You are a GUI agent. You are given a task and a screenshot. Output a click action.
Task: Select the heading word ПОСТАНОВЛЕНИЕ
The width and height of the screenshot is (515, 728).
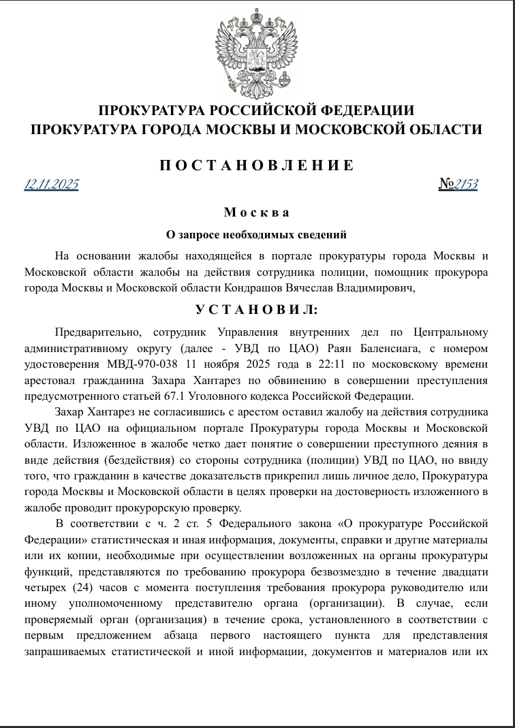[x=257, y=165]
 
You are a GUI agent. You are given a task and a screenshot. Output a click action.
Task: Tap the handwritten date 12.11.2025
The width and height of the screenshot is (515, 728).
[x=51, y=184]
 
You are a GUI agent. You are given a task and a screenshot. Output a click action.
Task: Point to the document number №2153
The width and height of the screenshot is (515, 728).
[x=458, y=184]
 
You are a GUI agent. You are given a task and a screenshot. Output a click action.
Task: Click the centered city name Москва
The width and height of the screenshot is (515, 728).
[x=257, y=212]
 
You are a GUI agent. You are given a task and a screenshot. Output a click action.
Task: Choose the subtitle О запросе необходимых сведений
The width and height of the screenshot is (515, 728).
[x=257, y=235]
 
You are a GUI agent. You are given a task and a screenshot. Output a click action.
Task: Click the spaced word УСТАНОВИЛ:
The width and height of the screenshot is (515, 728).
[x=257, y=310]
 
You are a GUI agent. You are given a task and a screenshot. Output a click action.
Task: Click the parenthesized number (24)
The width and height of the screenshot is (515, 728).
[x=84, y=586]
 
